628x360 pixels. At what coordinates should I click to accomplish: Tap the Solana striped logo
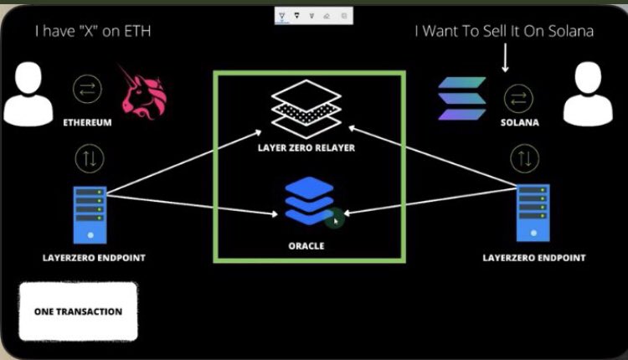[x=462, y=99]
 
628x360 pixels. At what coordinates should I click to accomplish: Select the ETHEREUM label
[x=87, y=122]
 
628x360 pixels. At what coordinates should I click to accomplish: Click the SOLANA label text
[x=519, y=122]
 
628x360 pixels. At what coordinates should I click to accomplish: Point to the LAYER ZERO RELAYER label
[x=306, y=147]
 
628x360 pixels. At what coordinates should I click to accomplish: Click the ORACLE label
[x=306, y=246]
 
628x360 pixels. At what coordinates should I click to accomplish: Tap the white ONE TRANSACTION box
[x=78, y=311]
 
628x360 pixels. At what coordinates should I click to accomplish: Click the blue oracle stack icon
[x=309, y=200]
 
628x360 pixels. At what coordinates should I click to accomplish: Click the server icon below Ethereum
[x=90, y=214]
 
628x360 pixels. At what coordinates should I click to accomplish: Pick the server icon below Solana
[x=533, y=213]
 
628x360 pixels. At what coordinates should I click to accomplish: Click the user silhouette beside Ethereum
[x=28, y=94]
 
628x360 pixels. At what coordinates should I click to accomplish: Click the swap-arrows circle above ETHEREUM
[x=87, y=89]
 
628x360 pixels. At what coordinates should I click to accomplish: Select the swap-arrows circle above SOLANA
[x=518, y=99]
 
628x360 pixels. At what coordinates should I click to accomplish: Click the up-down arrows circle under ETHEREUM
[x=90, y=158]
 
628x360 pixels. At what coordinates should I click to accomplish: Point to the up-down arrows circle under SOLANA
[x=525, y=158]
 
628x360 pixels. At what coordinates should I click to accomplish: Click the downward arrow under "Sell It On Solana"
[x=506, y=58]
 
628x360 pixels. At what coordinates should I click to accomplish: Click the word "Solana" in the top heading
[x=571, y=31]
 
